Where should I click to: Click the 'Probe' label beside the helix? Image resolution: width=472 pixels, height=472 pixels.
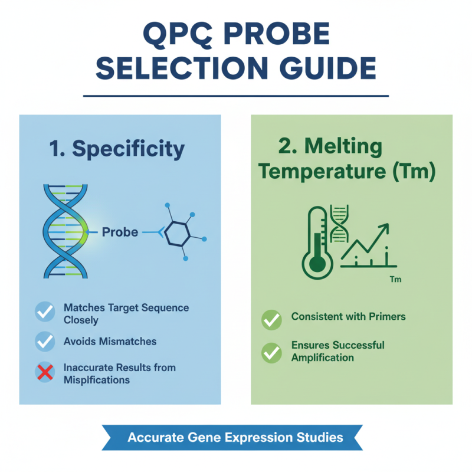(120, 232)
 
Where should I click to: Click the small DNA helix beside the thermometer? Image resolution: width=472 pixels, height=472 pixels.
(340, 224)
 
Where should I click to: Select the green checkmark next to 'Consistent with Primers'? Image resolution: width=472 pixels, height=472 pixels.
(271, 319)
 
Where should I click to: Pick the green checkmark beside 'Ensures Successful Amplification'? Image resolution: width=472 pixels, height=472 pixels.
(271, 352)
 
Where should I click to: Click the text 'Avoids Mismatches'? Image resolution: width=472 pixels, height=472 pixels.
(110, 342)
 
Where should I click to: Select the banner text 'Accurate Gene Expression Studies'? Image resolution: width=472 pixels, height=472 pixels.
(235, 438)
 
